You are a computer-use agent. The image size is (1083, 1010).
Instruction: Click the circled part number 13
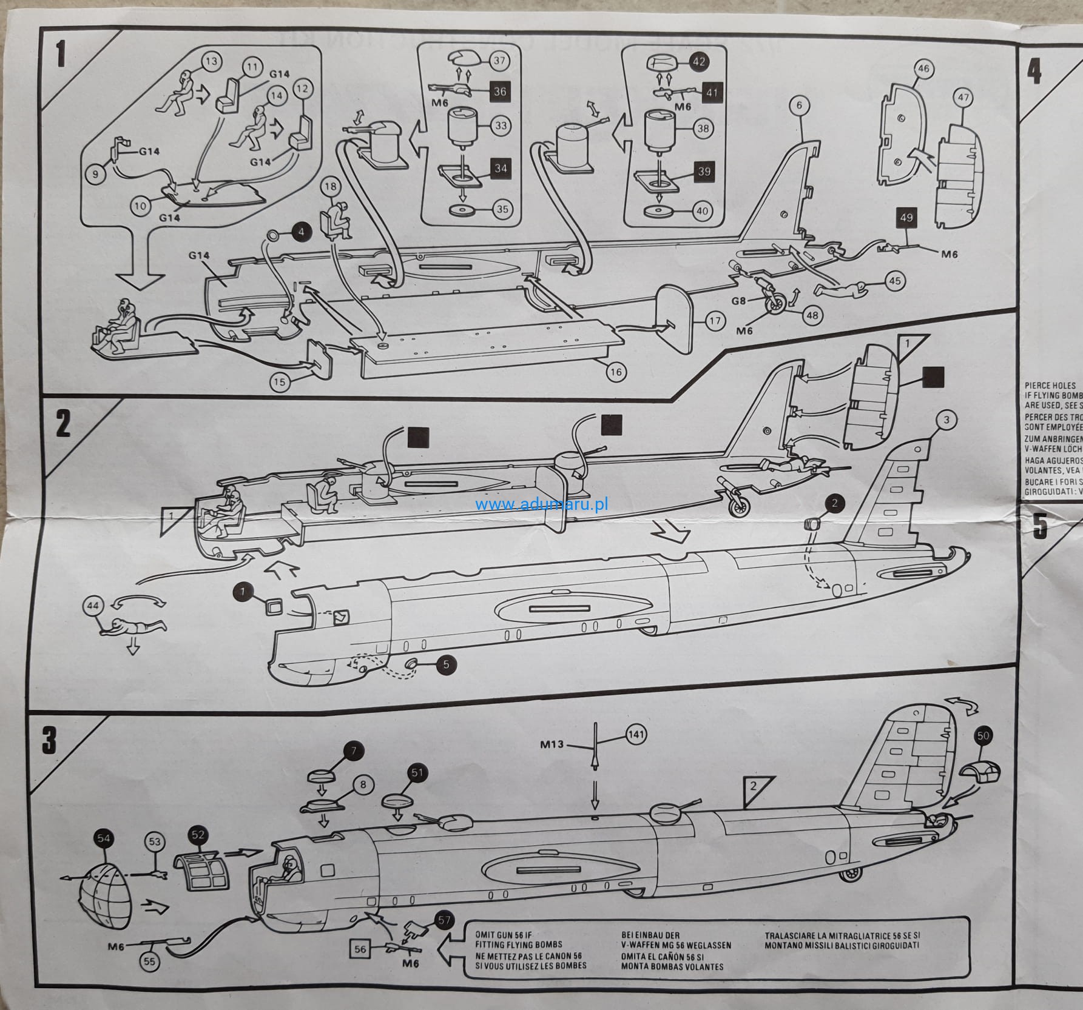(211, 61)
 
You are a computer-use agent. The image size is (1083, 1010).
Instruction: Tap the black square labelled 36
(501, 92)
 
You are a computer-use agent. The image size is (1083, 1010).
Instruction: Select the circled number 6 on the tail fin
(800, 105)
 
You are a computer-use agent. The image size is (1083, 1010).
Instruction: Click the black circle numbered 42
(698, 62)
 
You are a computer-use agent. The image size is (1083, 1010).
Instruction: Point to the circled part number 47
(963, 98)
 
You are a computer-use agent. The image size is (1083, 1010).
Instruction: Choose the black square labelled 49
(906, 218)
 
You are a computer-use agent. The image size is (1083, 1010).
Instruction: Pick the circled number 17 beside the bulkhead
(715, 321)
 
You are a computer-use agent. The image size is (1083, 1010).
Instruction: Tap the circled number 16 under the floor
(616, 371)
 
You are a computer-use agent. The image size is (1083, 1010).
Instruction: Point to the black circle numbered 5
(446, 664)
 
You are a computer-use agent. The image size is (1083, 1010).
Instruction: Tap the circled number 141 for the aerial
(636, 734)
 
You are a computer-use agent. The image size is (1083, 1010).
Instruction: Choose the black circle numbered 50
(983, 735)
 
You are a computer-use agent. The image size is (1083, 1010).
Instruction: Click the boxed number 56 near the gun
(360, 948)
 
